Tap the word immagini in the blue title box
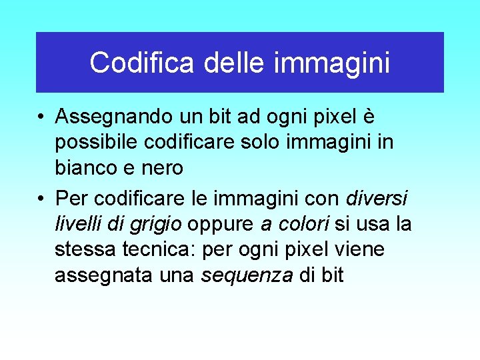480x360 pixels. coord(332,63)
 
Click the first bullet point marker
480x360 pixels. coord(41,117)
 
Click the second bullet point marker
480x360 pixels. coord(41,199)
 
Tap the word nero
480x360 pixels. coord(162,169)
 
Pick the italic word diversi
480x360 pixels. coord(377,198)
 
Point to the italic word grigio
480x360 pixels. coord(157,225)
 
